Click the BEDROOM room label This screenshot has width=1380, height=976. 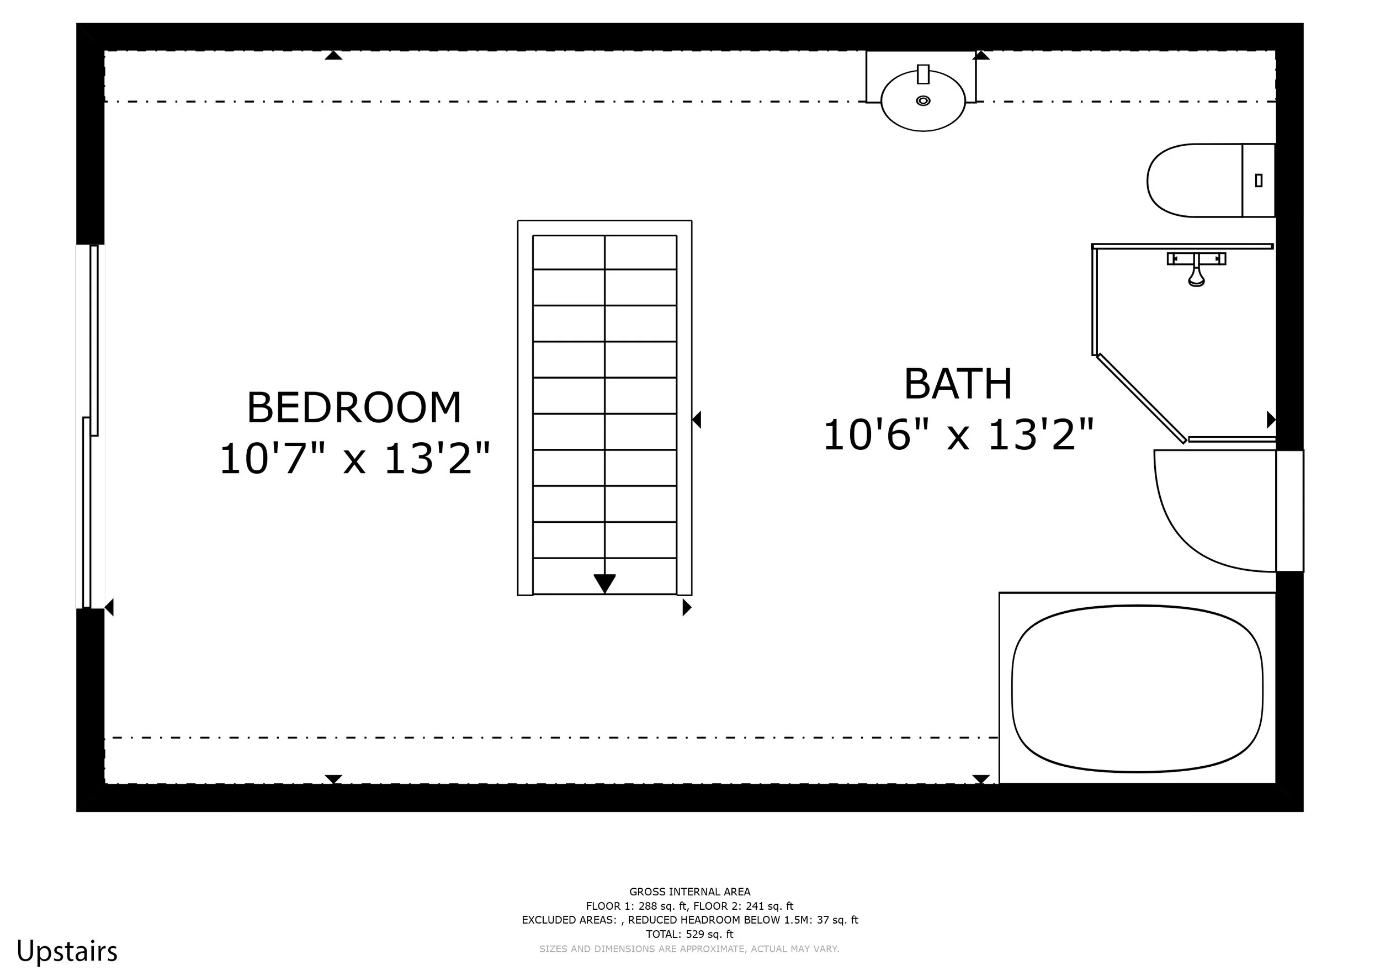pos(354,408)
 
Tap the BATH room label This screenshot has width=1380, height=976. pos(958,384)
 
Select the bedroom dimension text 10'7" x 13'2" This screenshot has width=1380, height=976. pos(354,459)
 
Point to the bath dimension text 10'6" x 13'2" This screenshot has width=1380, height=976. pos(958,434)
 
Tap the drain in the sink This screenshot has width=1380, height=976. pos(923,100)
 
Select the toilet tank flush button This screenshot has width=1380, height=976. pos(1259,181)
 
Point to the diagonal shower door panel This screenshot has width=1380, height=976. pos(1141,398)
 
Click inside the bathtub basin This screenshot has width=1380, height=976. pos(1137,689)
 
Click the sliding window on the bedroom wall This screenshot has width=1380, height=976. pos(90,427)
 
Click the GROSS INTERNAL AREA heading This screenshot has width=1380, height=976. pos(689,892)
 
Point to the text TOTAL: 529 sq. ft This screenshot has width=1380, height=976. pos(689,935)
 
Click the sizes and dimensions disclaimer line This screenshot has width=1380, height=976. pos(689,949)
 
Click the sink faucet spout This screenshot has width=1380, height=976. pos(923,74)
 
